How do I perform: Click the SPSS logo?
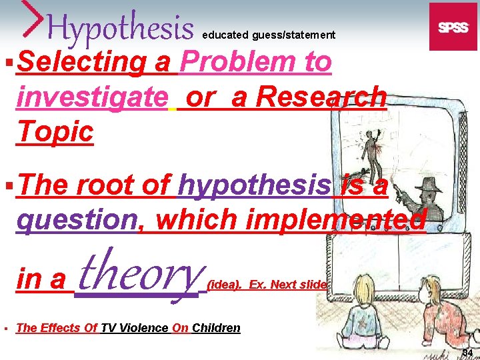(453, 27)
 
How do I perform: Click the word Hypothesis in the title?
(120, 28)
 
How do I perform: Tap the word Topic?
(56, 131)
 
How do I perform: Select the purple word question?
(76, 220)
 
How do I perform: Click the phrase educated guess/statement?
(269, 35)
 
